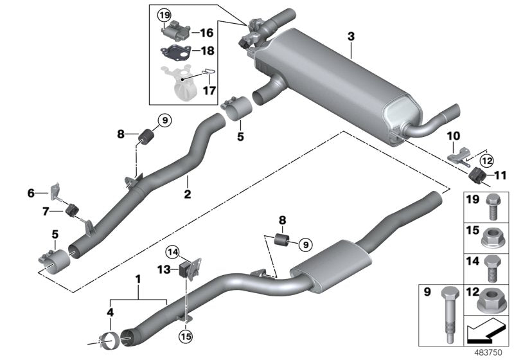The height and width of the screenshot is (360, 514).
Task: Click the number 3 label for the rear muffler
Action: point(350,37)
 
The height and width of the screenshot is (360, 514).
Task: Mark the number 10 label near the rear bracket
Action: point(454,137)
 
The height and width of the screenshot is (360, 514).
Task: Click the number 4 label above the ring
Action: point(111,313)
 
